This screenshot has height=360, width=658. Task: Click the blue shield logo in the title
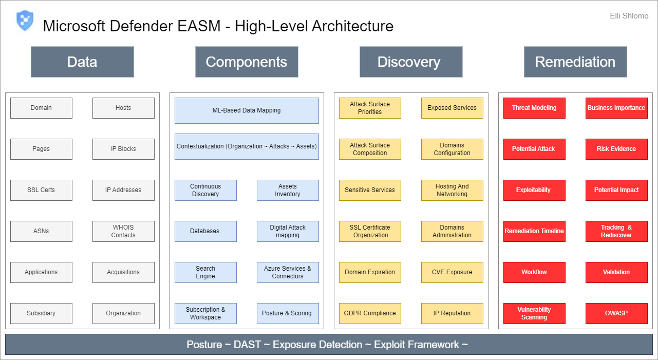[x=25, y=21]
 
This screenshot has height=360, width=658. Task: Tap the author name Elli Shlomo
[x=629, y=16]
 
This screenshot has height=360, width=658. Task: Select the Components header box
[x=247, y=62]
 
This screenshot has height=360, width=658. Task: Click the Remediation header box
[x=575, y=62]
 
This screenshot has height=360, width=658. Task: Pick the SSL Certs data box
[x=41, y=190]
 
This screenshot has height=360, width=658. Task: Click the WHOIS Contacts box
[x=123, y=231]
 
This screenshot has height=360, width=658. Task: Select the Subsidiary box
[x=41, y=313]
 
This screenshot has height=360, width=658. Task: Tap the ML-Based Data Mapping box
[x=247, y=110]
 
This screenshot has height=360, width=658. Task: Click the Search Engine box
[x=205, y=272]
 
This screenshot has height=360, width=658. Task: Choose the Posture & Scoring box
[x=288, y=313]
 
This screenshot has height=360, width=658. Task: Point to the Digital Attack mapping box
[x=288, y=231]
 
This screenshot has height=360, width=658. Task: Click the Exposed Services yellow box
[x=452, y=108]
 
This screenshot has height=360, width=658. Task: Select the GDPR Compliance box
[x=370, y=313]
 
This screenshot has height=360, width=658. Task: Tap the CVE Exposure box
[x=452, y=272]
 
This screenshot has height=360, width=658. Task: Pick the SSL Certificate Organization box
[x=370, y=231]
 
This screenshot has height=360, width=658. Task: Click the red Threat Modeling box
[x=534, y=108]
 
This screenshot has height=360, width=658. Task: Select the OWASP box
[x=616, y=313]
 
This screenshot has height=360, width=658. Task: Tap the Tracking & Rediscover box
[x=616, y=231]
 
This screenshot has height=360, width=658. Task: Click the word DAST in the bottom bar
[x=247, y=345]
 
